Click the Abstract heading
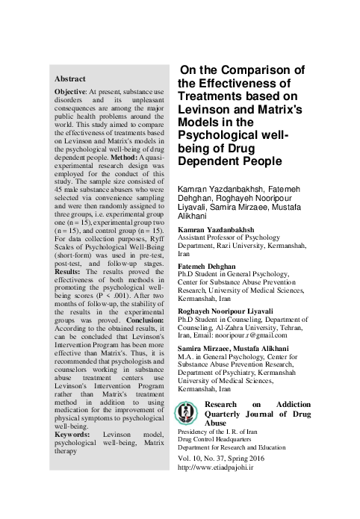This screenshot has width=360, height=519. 70,78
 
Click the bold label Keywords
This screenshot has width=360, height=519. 75,435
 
